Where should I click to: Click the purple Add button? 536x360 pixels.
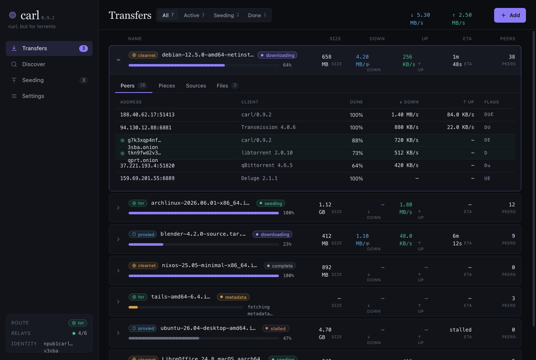coord(510,15)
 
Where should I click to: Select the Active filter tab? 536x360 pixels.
coord(194,15)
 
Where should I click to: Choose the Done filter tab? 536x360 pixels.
coord(257,15)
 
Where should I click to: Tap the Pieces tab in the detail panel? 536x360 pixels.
coord(167,86)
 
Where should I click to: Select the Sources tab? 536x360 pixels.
coord(196,86)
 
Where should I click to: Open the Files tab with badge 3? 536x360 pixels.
coord(227,86)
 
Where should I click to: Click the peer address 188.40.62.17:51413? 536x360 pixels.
coord(147,115)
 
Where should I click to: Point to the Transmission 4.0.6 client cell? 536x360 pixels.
coord(268,127)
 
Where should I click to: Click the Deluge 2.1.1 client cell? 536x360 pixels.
coord(259,178)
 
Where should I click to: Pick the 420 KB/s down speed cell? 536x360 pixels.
coord(406,165)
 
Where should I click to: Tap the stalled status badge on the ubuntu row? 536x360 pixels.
coord(276,329)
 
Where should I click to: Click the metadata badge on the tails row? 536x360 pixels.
coord(233,297)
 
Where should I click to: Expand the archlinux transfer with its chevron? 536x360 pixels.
coord(118,208)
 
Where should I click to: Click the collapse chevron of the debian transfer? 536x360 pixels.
coord(119,60)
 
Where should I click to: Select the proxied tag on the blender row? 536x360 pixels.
coord(143,234)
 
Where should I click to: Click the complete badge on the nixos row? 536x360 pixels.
coord(280,266)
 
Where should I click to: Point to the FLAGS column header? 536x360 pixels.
coord(492,102)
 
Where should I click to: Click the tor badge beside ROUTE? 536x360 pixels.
coord(78,323)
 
